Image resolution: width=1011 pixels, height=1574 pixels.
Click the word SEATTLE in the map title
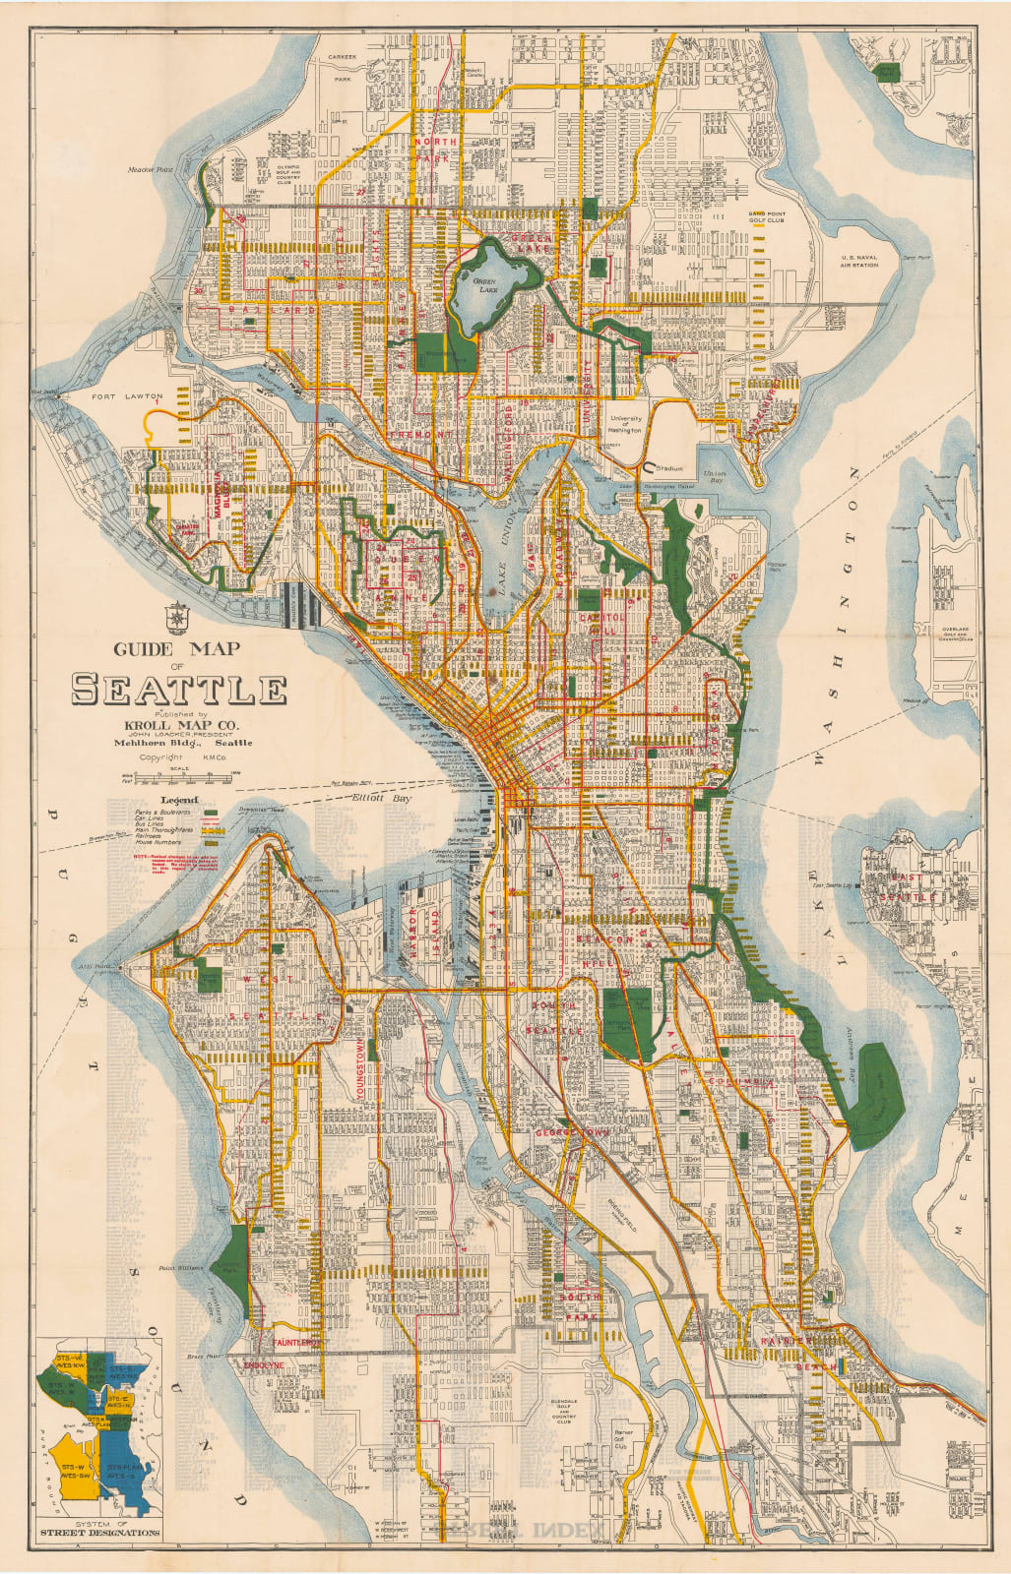point(179,690)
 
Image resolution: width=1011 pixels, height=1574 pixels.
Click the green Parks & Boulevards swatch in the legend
point(209,813)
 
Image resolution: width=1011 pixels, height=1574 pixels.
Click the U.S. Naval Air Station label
point(858,260)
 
